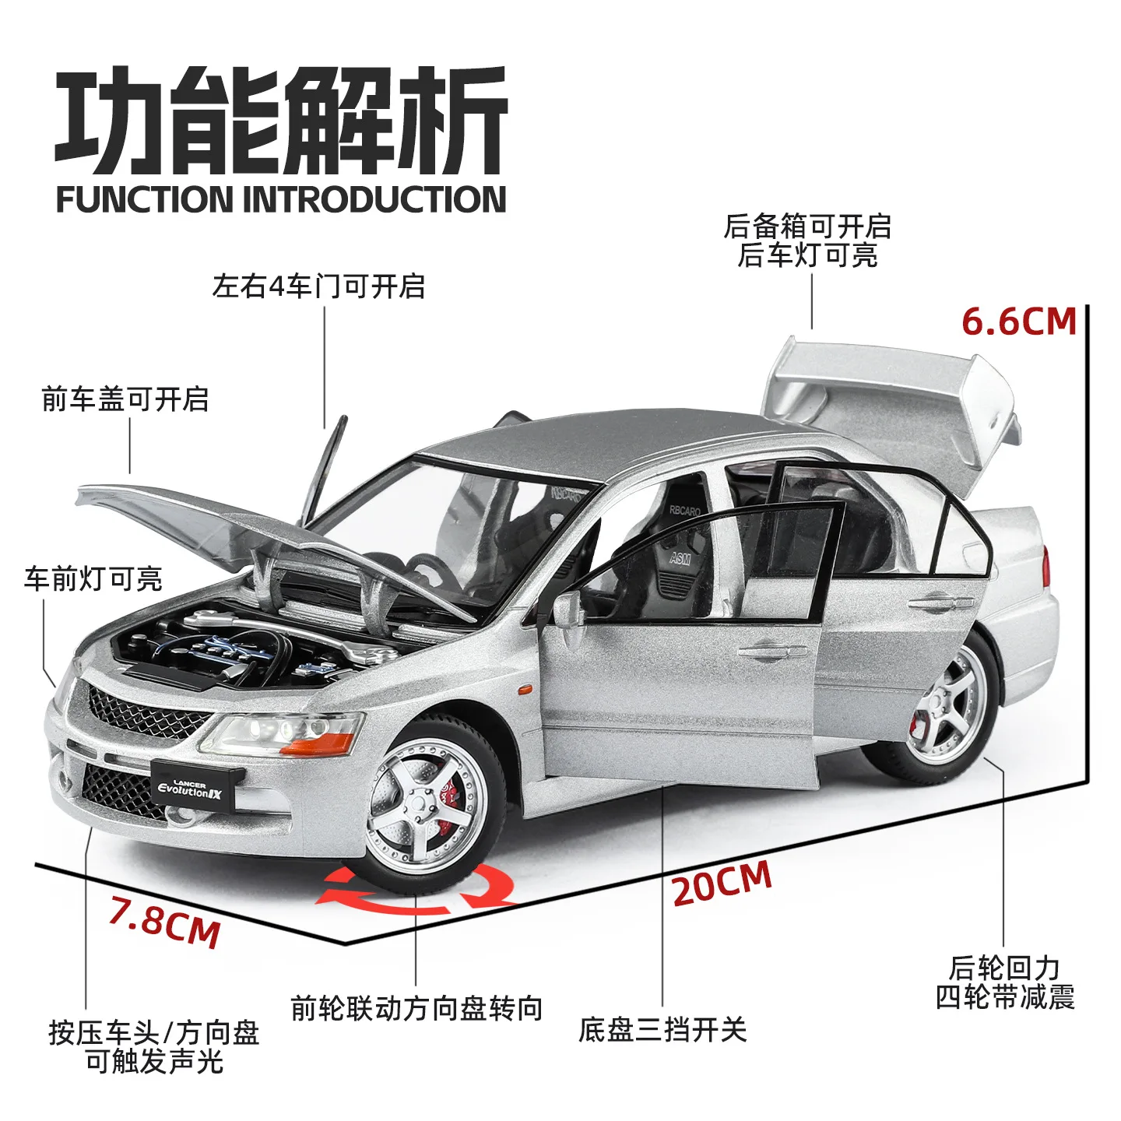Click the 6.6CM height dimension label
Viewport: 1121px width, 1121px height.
(1018, 322)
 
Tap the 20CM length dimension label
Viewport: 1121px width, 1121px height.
(722, 884)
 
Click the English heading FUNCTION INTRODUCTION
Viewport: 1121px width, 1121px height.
(281, 199)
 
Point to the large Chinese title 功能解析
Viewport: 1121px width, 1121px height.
(281, 121)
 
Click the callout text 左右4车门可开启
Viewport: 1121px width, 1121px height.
(318, 286)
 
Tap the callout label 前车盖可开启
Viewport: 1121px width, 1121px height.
(125, 399)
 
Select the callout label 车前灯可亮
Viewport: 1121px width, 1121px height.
(93, 579)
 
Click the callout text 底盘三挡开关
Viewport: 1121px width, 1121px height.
(662, 1030)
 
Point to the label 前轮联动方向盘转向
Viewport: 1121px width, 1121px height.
(416, 1009)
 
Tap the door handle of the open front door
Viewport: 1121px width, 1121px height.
(771, 649)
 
